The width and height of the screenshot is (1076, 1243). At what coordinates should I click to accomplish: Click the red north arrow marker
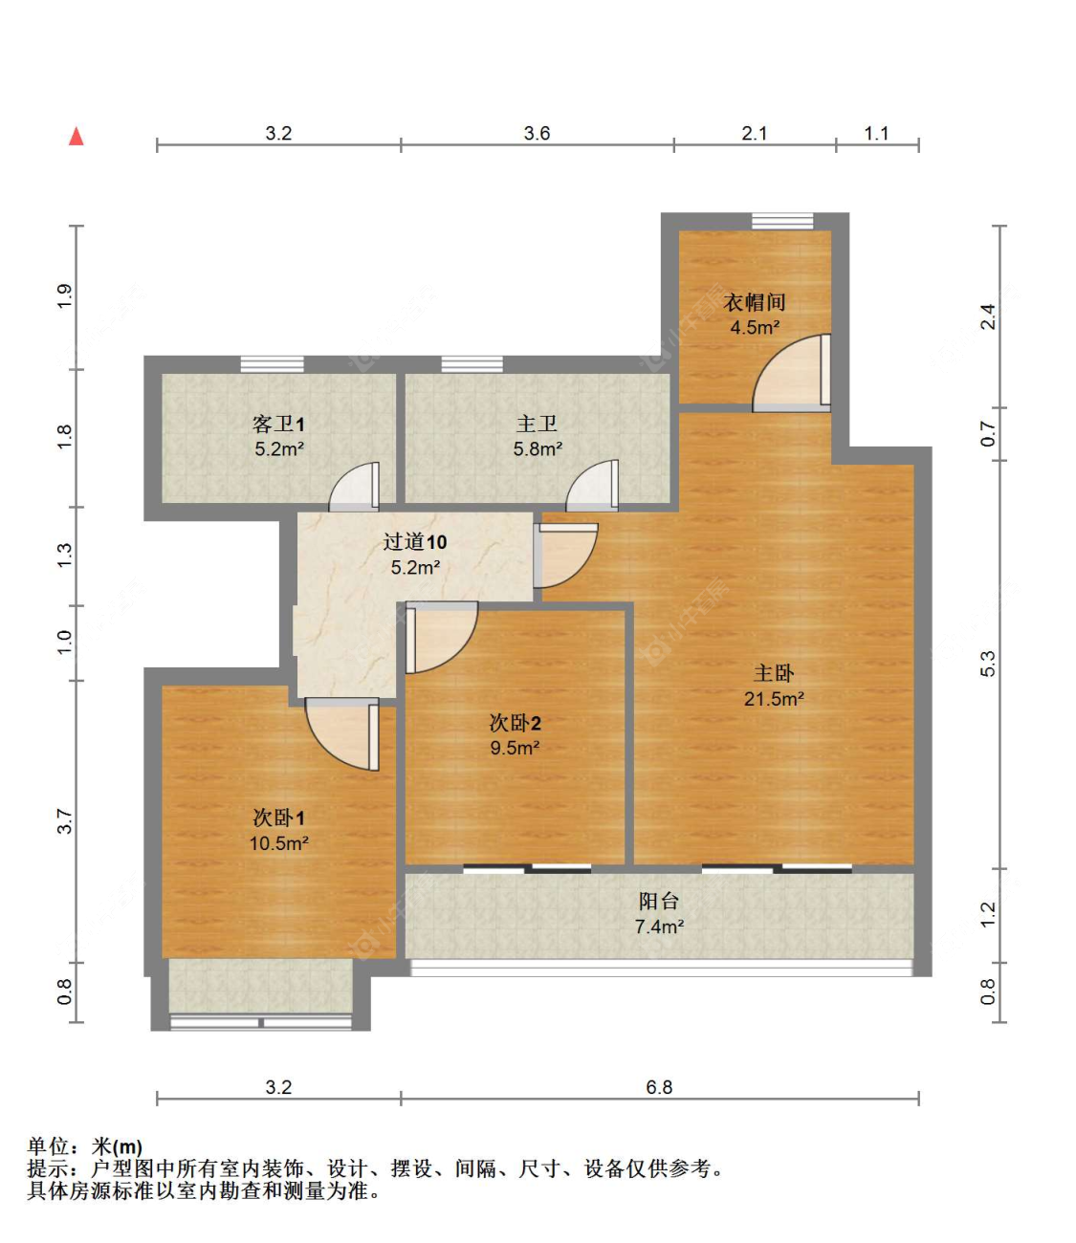(x=77, y=137)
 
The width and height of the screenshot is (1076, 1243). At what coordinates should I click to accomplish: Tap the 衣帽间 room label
(x=755, y=302)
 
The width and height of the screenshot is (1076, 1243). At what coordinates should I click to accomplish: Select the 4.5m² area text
(x=755, y=328)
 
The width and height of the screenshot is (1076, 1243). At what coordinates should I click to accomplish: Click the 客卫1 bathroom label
(x=278, y=424)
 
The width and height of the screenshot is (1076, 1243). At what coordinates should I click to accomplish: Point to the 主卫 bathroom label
(x=537, y=424)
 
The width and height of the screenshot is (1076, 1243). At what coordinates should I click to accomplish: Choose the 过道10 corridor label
(x=415, y=542)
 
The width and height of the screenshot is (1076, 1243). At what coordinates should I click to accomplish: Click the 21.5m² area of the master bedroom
(x=774, y=699)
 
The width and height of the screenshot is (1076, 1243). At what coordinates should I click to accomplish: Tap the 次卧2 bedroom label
(x=515, y=723)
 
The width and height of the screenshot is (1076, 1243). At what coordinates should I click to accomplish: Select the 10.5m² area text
(x=278, y=843)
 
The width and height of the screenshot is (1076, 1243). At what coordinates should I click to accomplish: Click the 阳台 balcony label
(x=659, y=901)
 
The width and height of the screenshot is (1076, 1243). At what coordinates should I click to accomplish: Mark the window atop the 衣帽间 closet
(x=782, y=222)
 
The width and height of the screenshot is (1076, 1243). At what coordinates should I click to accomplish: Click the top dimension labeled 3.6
(x=537, y=133)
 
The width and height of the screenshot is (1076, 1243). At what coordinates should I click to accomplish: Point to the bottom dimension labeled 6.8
(x=659, y=1087)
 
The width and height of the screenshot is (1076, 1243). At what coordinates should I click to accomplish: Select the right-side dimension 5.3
(x=987, y=664)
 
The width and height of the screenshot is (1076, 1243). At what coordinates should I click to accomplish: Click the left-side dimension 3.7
(x=64, y=820)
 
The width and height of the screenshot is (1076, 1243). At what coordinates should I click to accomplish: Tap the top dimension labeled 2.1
(x=755, y=133)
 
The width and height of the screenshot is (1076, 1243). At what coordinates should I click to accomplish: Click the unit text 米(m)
(x=117, y=1146)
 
